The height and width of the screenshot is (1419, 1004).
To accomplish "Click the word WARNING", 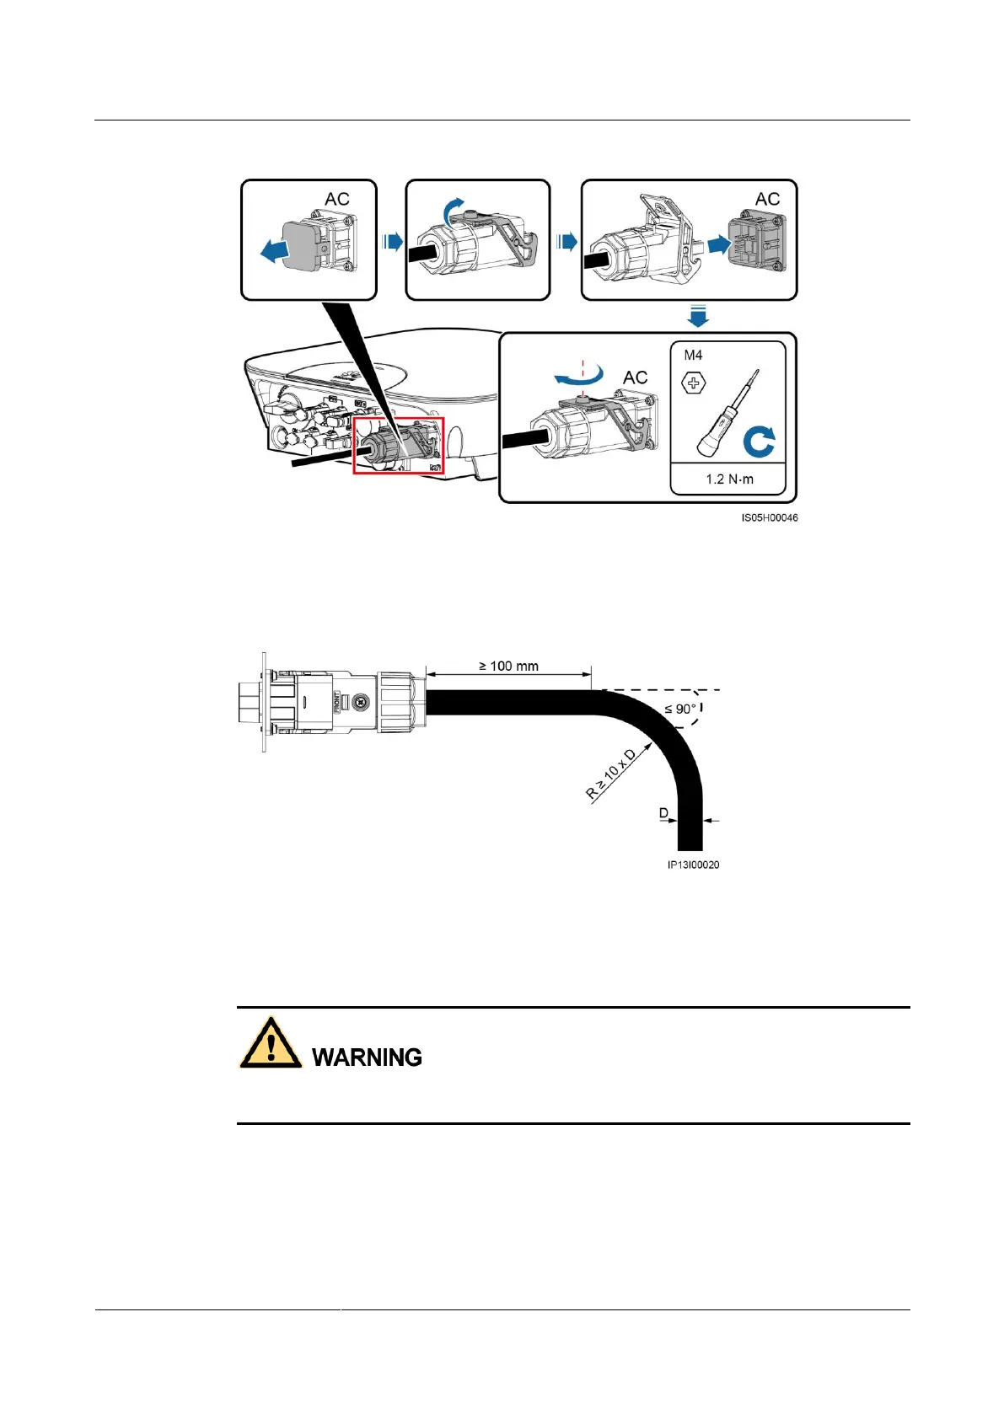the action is [367, 1057].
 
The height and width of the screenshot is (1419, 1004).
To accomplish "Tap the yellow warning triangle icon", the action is [271, 1044].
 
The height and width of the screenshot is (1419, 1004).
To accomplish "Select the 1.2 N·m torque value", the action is [729, 479].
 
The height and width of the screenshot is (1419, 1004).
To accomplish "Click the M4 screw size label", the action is [693, 355].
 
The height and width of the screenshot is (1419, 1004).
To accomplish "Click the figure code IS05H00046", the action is [769, 517].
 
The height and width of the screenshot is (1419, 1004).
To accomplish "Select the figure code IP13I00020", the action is [693, 865].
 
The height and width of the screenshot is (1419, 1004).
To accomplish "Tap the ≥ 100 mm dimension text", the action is [508, 666].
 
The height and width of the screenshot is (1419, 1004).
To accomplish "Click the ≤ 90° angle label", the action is [680, 709].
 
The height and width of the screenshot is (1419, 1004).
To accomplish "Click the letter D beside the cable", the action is [663, 813].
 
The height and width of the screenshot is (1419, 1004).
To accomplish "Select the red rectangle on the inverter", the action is [398, 444].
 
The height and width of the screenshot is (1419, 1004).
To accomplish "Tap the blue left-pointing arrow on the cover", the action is [274, 250].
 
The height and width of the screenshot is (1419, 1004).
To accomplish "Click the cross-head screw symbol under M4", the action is [694, 384].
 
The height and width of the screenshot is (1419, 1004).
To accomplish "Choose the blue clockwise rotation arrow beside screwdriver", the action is [759, 442].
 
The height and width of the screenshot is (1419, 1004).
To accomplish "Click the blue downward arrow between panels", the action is [698, 317].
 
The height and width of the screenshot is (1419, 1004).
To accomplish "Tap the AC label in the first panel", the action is [336, 199].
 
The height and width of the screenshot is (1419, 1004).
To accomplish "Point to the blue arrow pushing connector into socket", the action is [718, 244].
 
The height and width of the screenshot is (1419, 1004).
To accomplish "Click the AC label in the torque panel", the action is [635, 378].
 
